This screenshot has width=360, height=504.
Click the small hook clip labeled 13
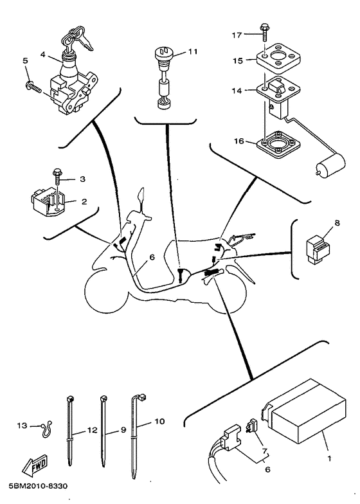pyautogui.click(x=44, y=428)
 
